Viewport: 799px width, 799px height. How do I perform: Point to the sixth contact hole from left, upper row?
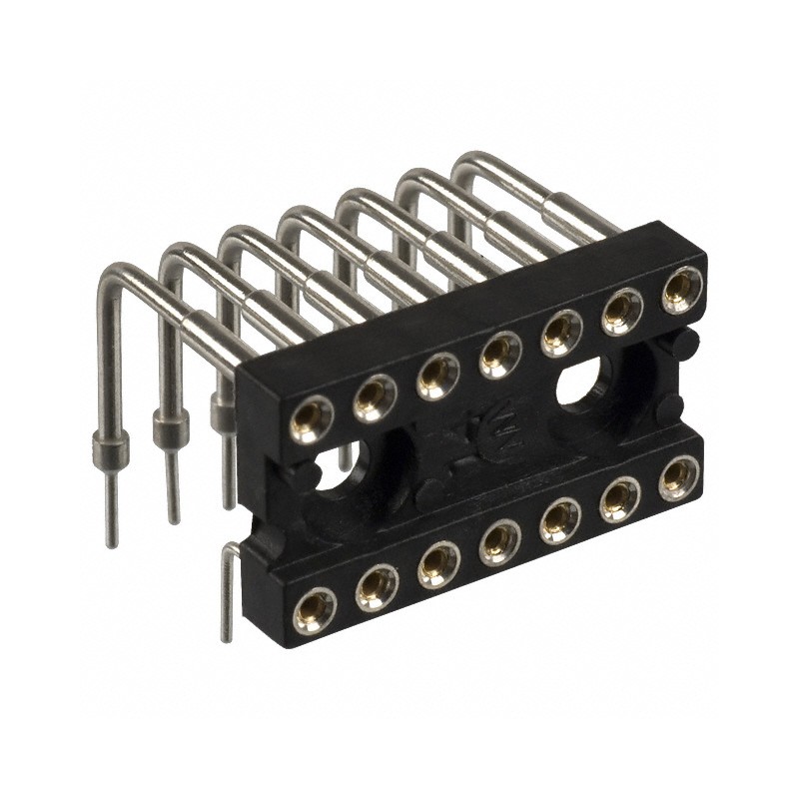621,306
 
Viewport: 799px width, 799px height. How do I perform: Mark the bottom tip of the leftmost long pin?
111,542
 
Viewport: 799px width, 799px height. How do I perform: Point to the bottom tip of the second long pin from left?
174,518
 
